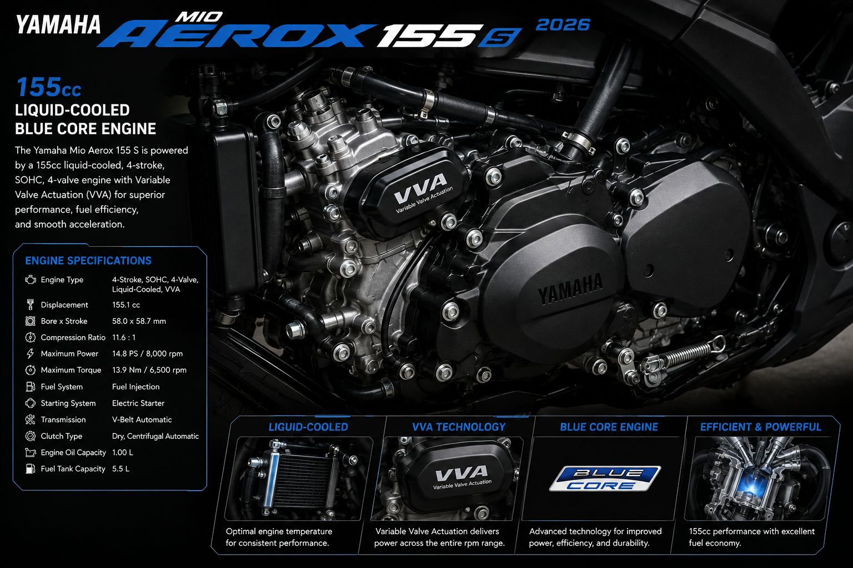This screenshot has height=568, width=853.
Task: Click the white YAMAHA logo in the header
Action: tap(58, 25)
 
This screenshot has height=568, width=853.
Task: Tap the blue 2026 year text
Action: tap(563, 25)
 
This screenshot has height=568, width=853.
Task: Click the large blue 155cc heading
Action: tap(48, 87)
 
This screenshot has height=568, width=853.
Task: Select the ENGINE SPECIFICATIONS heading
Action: tap(88, 261)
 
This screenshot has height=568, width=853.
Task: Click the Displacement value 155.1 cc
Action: tap(126, 305)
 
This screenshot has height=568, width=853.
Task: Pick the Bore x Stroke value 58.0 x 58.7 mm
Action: tap(139, 321)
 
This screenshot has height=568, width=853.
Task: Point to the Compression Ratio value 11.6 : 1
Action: tap(124, 337)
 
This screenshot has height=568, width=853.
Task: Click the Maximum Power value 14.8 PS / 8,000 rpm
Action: tap(147, 354)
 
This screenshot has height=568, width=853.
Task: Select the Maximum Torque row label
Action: tap(71, 370)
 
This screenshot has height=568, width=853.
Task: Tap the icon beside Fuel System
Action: tap(30, 387)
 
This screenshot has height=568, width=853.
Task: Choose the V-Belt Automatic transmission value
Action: tap(142, 420)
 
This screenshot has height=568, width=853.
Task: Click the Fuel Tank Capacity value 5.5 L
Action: tap(121, 469)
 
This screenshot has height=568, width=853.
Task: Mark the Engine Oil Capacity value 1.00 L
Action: tap(123, 452)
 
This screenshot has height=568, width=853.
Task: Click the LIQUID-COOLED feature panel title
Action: tap(308, 427)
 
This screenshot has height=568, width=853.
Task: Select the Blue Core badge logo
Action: tap(605, 479)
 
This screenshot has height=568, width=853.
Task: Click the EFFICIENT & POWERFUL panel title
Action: tap(760, 427)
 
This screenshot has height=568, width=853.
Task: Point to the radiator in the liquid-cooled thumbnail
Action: tap(299, 480)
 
